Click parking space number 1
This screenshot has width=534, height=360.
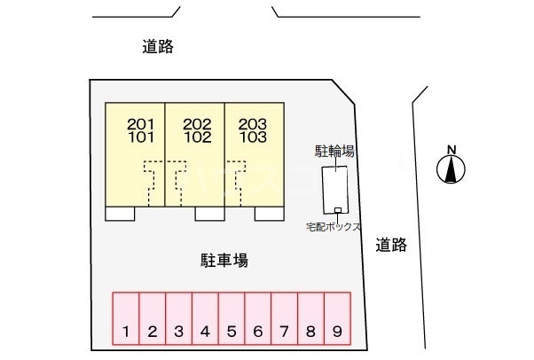[126, 318]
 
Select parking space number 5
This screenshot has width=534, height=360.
[232, 318]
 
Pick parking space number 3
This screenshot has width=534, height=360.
[179, 318]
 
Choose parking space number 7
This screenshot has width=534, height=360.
[285, 318]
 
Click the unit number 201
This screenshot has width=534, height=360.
[141, 124]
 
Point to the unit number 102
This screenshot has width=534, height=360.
[198, 137]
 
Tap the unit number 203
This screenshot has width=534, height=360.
[253, 124]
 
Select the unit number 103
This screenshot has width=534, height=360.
[253, 137]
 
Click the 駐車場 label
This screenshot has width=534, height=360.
[224, 261]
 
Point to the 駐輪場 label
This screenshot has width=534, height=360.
[334, 152]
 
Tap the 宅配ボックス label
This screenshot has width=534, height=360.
[333, 227]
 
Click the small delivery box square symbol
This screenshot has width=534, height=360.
[337, 210]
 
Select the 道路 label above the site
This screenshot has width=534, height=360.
[158, 46]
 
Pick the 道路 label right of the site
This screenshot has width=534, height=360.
[391, 245]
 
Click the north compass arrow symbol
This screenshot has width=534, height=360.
[451, 169]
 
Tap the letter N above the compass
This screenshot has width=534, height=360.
[452, 150]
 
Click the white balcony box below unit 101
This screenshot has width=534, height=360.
[120, 214]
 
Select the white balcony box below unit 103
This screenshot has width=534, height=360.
[270, 214]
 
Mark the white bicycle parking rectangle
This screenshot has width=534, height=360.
[335, 190]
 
